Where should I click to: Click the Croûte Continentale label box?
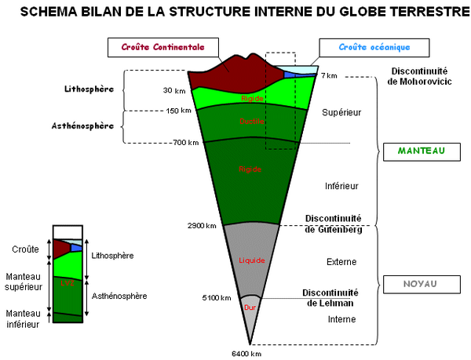[162, 47]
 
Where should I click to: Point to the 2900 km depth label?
[202, 226]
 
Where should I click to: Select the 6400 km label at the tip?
[246, 353]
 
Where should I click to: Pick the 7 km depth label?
[329, 75]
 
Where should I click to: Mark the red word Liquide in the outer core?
[252, 260]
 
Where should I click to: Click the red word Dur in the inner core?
[250, 307]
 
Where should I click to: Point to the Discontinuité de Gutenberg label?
[334, 224]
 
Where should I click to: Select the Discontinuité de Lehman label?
[331, 297]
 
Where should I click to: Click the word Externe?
[341, 261]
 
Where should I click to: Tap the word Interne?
[341, 319]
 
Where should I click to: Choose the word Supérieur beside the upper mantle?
[341, 113]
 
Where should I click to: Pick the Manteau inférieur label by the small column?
[24, 318]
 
